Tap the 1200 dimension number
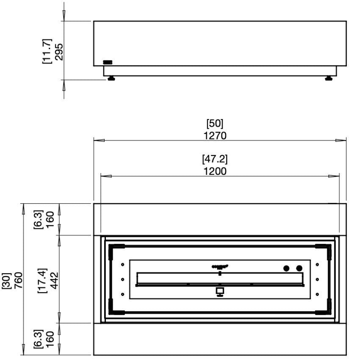[x=215, y=171]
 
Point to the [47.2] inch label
[x=215, y=160]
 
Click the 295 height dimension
[x=59, y=51]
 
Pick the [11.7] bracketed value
[x=47, y=51]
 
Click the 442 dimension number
[x=54, y=279]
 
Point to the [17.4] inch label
[x=42, y=279]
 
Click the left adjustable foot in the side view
[x=111, y=78]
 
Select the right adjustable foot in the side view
[x=328, y=78]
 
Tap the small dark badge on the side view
[x=108, y=62]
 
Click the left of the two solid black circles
[x=286, y=268]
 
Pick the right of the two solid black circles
[x=299, y=268]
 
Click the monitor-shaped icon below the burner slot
[x=220, y=292]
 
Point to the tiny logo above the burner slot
[x=220, y=266]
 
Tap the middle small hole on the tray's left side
[x=122, y=279]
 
